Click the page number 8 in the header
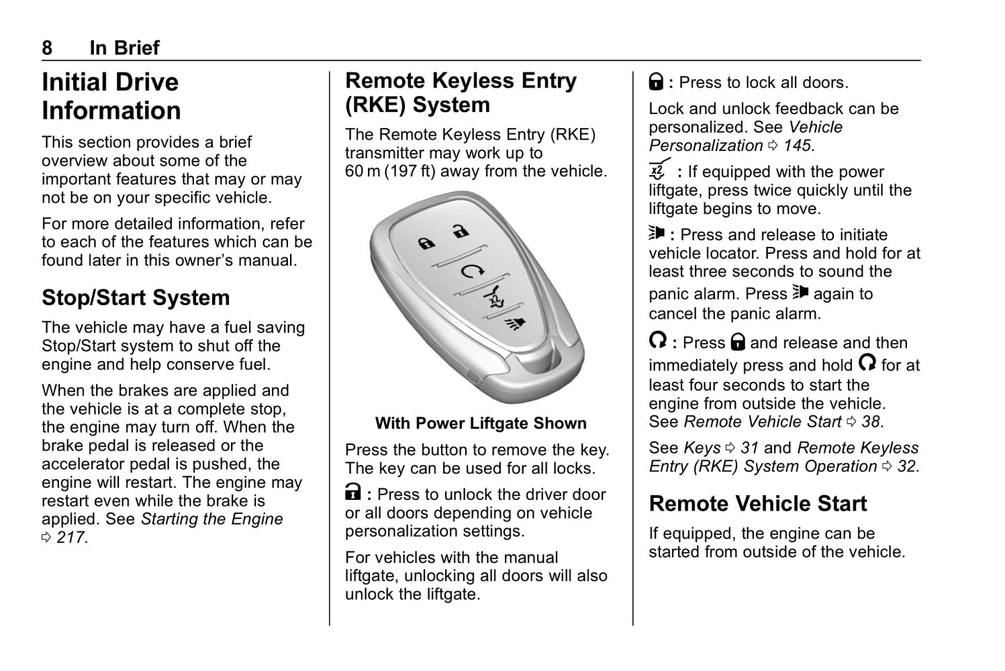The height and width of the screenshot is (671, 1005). pos(47,48)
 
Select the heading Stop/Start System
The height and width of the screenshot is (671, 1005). pos(136,298)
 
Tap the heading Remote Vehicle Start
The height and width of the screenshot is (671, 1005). pos(757,503)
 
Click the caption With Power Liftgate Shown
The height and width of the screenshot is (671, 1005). pos(481,423)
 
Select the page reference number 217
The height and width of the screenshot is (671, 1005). pos(72,537)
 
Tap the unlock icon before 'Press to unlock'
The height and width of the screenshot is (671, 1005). pos(353,494)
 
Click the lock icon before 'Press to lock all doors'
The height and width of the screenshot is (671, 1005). pos(656,82)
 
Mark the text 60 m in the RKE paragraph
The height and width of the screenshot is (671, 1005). pos(362,172)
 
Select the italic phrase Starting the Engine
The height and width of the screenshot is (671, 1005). pos(212,519)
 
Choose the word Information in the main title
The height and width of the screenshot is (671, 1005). pos(111,111)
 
